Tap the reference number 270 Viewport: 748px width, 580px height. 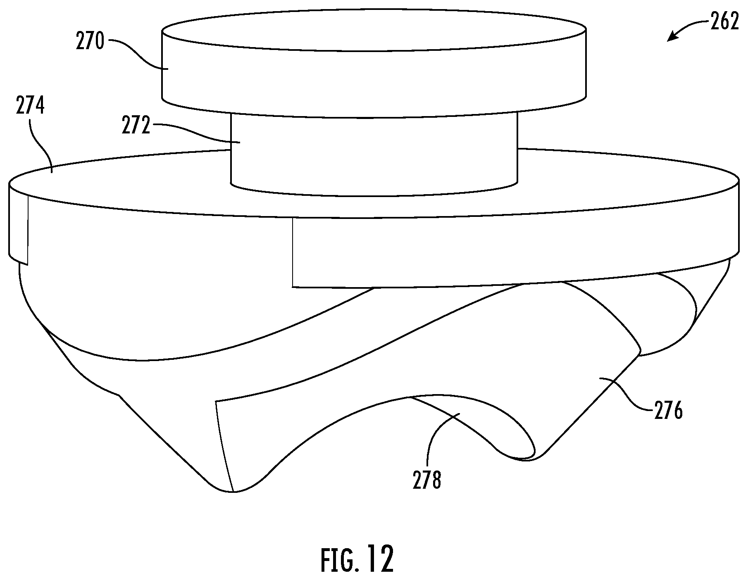pos(90,42)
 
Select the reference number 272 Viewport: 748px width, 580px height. pos(136,126)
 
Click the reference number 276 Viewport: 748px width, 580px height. pos(668,411)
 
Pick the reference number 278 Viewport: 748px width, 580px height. pos(427,481)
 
